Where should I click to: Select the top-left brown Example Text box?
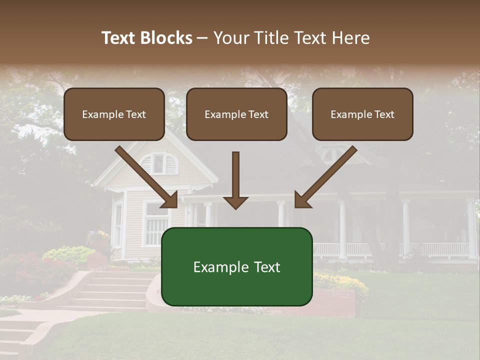click(x=114, y=114)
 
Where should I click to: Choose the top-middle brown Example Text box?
click(x=236, y=114)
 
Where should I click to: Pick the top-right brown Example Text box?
click(x=362, y=114)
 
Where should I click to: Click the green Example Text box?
click(x=236, y=267)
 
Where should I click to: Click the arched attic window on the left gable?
click(x=158, y=163)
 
